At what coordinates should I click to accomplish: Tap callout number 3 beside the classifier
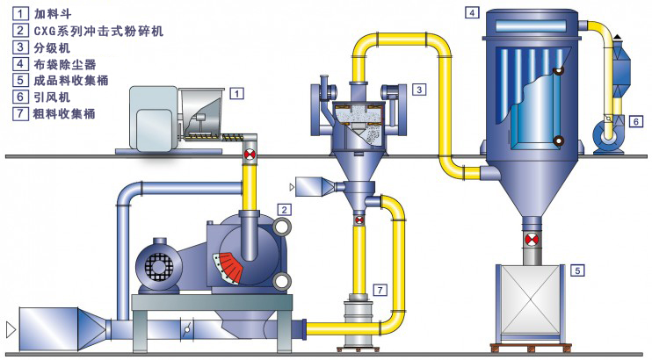coord(420,89)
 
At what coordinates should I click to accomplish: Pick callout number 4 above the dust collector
coord(472,12)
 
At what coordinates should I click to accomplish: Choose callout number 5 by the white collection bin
coord(576,270)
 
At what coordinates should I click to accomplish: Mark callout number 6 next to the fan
coord(634,122)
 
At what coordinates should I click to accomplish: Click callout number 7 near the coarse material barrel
coord(379,288)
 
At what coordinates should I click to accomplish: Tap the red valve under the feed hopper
coord(250,155)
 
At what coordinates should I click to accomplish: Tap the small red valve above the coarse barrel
coord(359,220)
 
